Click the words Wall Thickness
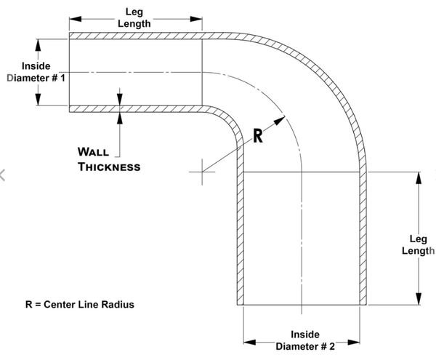108,159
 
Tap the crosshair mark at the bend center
202,172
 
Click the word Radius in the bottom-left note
118,304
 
